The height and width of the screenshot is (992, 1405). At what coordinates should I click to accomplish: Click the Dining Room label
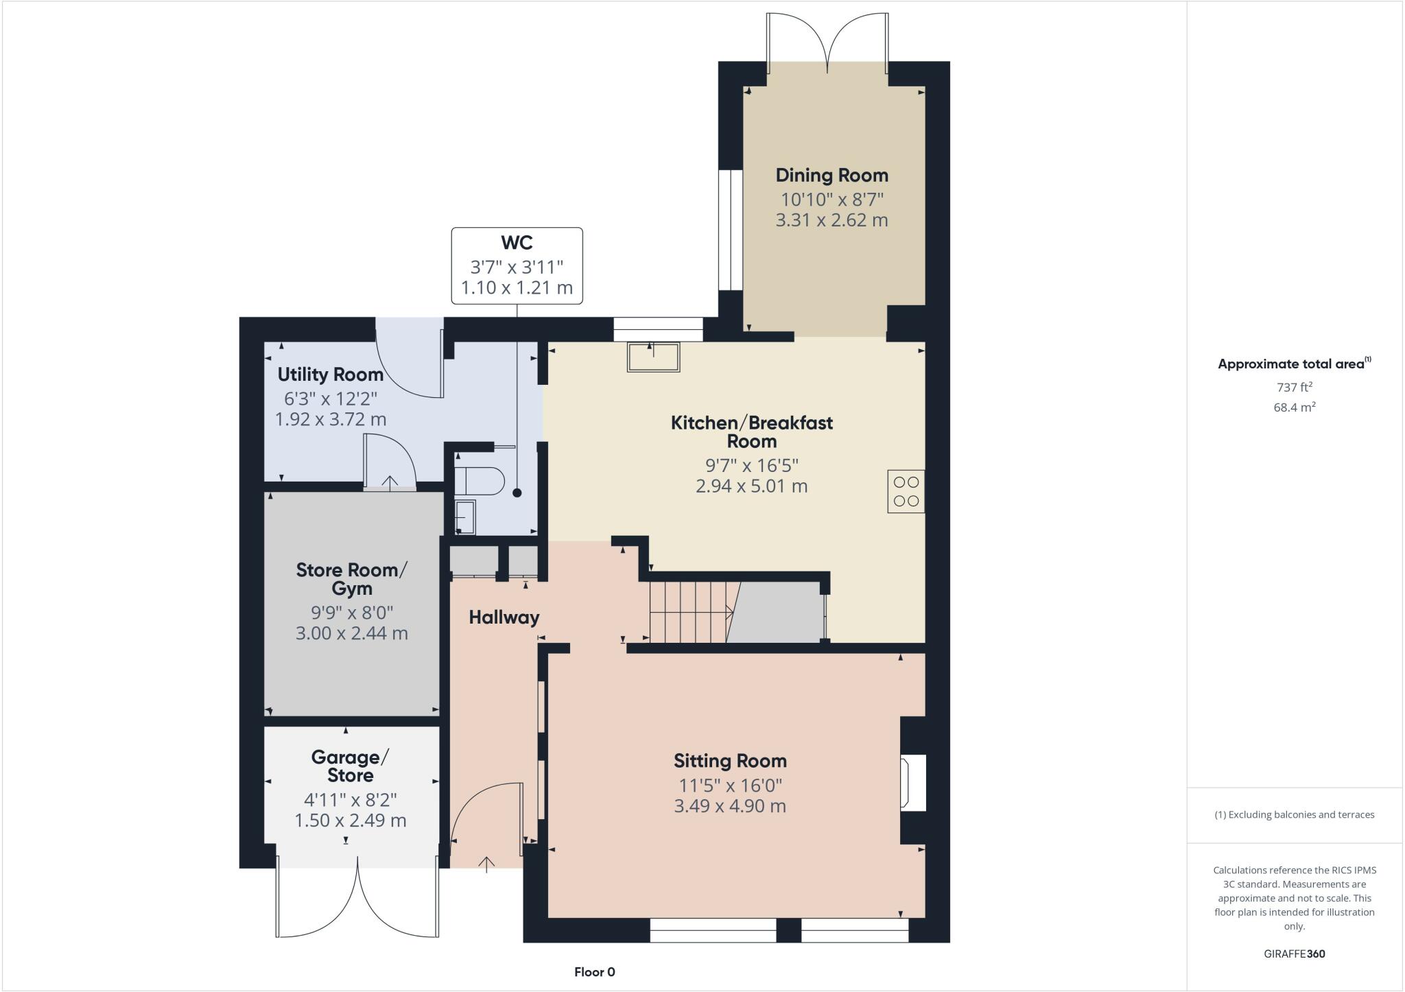tap(831, 176)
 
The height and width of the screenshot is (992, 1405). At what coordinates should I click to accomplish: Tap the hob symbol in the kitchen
tap(906, 491)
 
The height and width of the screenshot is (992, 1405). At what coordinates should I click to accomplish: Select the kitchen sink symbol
tap(652, 357)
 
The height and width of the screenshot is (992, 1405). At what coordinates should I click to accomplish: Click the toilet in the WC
tap(479, 481)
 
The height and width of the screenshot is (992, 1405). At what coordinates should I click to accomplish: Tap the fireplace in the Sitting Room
tap(913, 782)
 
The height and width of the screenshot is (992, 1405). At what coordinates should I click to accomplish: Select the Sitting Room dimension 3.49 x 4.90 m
tap(729, 806)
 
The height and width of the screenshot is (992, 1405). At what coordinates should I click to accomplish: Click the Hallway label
tap(504, 617)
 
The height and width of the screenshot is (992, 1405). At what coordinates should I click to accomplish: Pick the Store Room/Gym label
tap(351, 579)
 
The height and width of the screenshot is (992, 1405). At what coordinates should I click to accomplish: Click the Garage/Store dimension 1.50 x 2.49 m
tap(350, 820)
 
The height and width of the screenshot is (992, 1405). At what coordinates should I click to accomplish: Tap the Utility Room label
tap(330, 375)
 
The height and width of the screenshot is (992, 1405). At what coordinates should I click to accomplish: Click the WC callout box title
tap(517, 243)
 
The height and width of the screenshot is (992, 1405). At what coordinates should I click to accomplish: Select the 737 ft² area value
tap(1294, 387)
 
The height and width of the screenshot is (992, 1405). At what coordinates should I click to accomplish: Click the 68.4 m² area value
tap(1294, 407)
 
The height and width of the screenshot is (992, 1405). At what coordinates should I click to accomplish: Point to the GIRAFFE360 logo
tap(1294, 954)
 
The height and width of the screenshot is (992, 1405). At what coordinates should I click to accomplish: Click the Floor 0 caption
tap(594, 972)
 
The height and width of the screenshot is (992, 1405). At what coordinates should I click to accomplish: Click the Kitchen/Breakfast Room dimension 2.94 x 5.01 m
tap(751, 486)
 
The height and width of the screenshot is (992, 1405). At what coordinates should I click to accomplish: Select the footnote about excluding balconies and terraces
tap(1294, 815)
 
